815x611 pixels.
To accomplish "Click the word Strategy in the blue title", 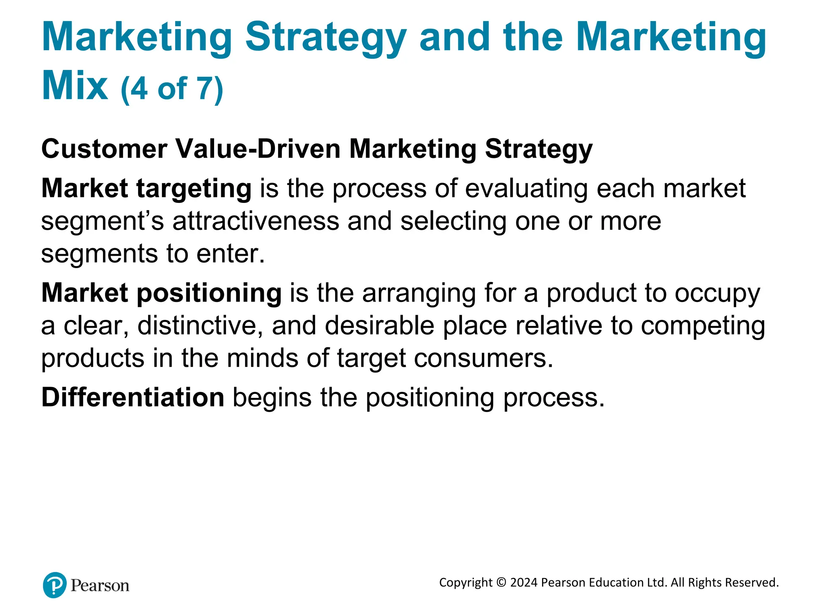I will click(x=326, y=38).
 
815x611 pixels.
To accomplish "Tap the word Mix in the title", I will click(x=74, y=86).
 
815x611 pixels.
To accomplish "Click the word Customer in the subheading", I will click(x=104, y=149).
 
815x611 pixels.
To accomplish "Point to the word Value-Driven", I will click(x=258, y=149).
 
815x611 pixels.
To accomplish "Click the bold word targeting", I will click(x=194, y=188).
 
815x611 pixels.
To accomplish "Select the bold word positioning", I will click(x=209, y=293).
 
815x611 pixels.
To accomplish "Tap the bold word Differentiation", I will click(x=133, y=397).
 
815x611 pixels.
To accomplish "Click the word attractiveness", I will click(x=256, y=221).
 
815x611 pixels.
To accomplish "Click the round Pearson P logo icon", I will click(x=55, y=585).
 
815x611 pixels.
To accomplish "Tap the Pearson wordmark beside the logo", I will click(x=100, y=586).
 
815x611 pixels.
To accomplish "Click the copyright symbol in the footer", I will click(x=501, y=583).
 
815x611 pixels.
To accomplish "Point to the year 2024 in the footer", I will click(x=524, y=583).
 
